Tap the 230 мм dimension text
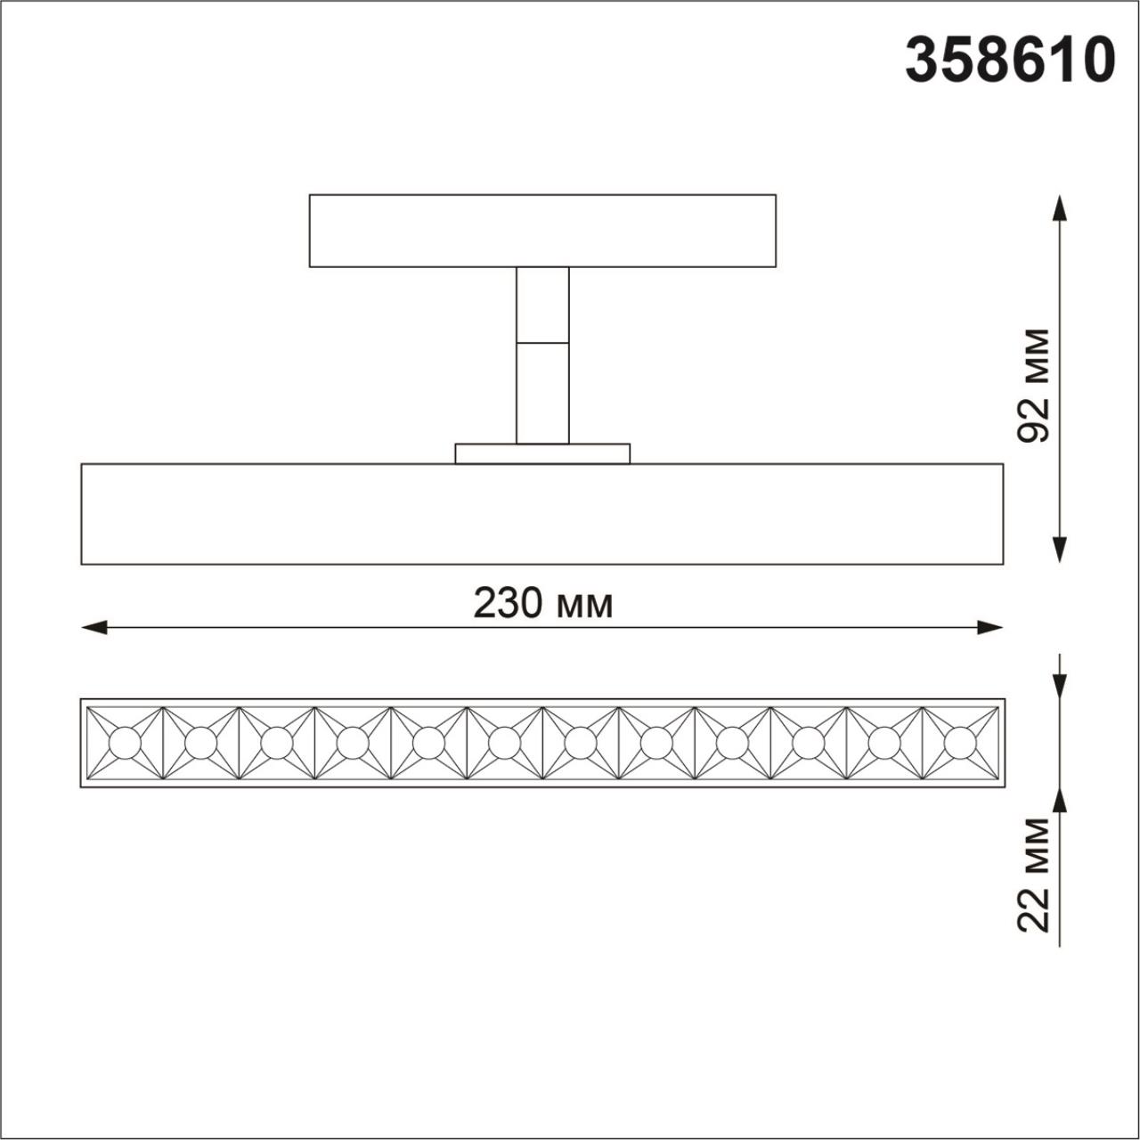click(x=542, y=605)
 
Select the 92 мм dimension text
click(x=1034, y=385)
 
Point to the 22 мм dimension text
click(x=1034, y=875)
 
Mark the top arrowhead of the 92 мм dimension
click(x=1059, y=208)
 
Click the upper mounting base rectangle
click(x=542, y=231)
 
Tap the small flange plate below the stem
click(x=542, y=453)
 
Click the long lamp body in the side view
click(x=542, y=514)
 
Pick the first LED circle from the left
click(x=125, y=742)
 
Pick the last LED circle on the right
click(x=960, y=742)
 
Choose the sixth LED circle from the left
click(x=504, y=742)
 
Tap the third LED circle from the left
click(x=277, y=742)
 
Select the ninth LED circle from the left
click(x=732, y=742)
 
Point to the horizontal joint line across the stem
click(x=542, y=343)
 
